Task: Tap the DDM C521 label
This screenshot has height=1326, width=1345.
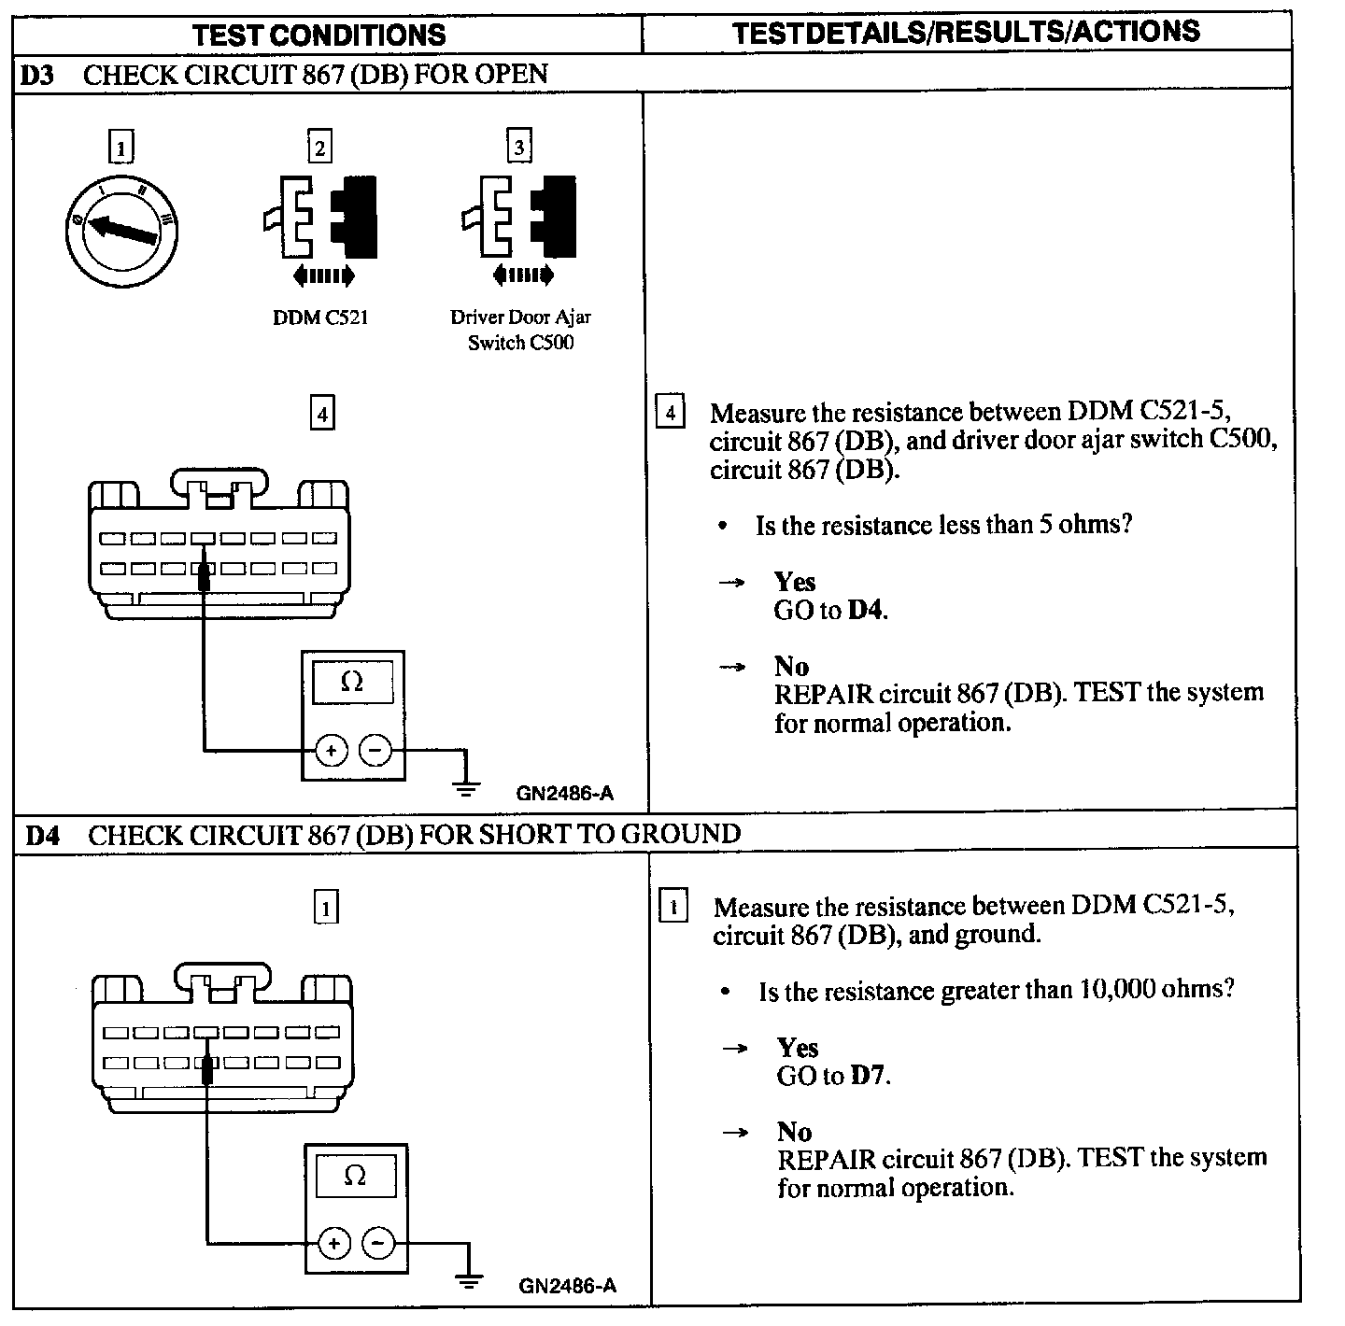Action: click(x=320, y=317)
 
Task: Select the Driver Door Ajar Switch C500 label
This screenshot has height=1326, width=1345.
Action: click(x=520, y=330)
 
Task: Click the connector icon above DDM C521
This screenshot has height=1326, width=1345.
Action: click(x=320, y=218)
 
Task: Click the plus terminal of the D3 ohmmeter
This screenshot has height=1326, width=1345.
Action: click(x=331, y=750)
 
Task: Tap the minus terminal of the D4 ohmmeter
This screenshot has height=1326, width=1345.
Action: click(x=377, y=1243)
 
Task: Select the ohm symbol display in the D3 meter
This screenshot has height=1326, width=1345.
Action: click(x=352, y=683)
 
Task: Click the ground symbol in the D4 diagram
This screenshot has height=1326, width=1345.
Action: click(x=470, y=1281)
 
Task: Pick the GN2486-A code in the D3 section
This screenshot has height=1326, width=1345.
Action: click(x=565, y=794)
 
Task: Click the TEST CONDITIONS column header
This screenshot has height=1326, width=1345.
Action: click(x=319, y=35)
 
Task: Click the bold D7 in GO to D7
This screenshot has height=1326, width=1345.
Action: click(x=868, y=1076)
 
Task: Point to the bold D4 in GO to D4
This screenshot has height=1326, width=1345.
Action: click(x=866, y=611)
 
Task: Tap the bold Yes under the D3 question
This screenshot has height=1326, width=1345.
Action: click(x=795, y=582)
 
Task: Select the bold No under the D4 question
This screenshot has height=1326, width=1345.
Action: click(x=794, y=1132)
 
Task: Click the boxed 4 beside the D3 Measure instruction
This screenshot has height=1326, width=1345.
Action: click(x=670, y=412)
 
